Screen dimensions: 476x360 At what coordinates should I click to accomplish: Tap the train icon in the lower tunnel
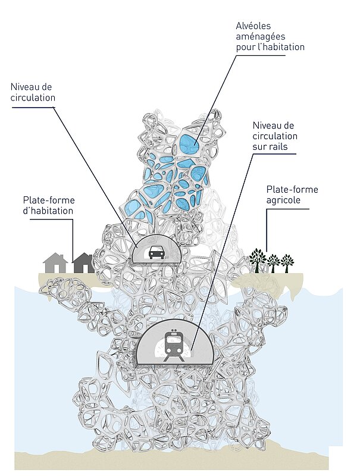point(174,345)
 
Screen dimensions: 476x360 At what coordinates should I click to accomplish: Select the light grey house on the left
point(55,262)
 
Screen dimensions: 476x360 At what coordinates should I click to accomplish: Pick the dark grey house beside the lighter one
point(83,262)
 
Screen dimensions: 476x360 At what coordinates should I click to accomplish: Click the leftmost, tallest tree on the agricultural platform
point(258,259)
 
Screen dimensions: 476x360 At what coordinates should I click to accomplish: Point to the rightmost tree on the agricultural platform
point(287,262)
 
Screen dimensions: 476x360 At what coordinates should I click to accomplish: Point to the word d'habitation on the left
point(48,211)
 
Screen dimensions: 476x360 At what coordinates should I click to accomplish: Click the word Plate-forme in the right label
point(292,190)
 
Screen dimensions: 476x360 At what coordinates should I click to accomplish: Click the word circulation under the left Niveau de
point(33,98)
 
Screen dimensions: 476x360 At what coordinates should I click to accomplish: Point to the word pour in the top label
point(245,46)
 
